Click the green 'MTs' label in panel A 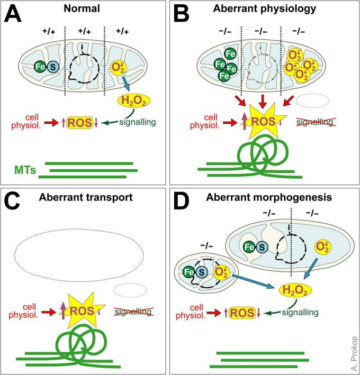22,169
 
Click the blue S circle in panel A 52,67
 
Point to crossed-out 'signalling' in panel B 315,122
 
